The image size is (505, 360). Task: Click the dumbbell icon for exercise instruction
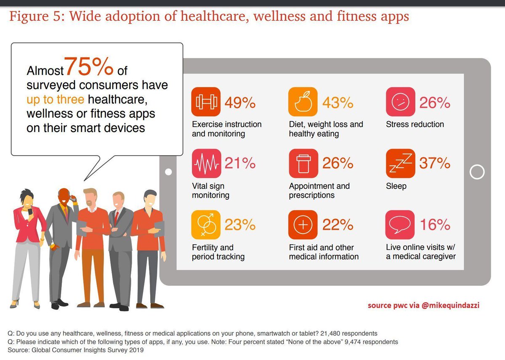point(206,102)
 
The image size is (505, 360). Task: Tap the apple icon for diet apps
point(303,102)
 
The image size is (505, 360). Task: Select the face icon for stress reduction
point(400,102)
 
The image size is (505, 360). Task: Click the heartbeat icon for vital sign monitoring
point(206,163)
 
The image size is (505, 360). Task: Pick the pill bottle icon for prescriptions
point(303,163)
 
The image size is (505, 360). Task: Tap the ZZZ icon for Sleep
point(400,163)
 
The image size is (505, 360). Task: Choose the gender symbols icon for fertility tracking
point(206,225)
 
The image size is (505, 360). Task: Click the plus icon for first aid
point(303,225)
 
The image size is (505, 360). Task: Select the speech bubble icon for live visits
point(400,225)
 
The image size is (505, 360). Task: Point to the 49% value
point(240,102)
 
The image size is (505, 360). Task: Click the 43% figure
point(338,102)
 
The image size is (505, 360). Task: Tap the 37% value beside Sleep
point(435,163)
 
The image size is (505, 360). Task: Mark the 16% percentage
point(435,225)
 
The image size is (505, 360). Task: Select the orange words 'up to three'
point(55,99)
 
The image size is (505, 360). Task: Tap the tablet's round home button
point(477,172)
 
